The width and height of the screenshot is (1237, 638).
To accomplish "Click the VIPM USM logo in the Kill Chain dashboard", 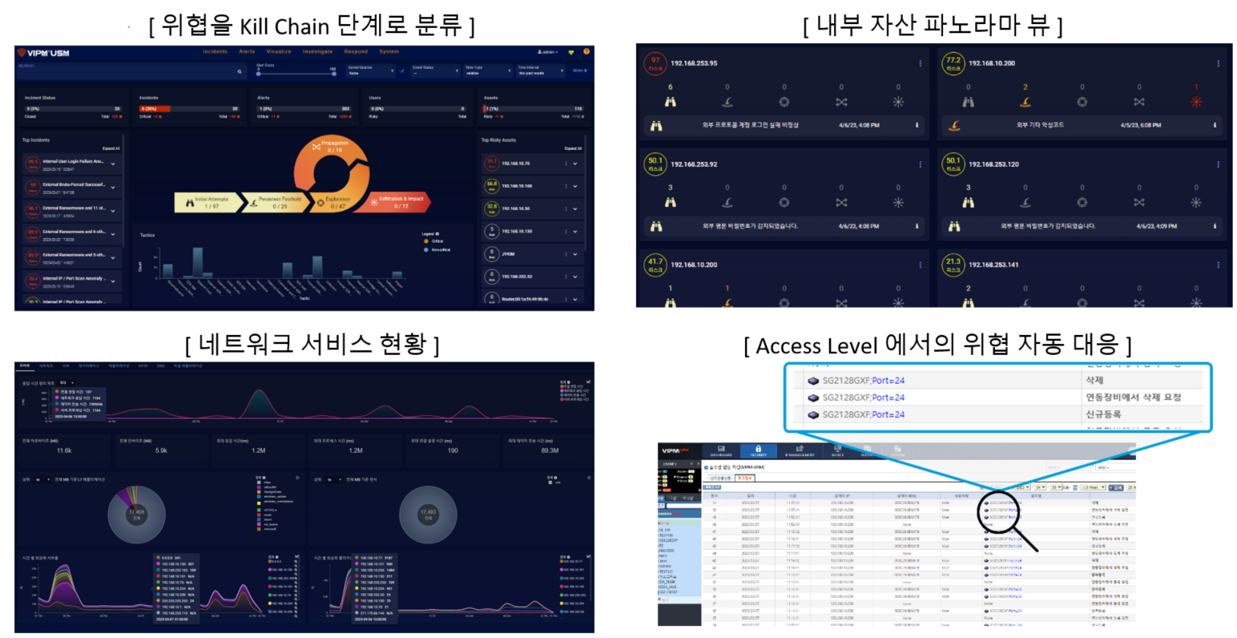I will (43, 53).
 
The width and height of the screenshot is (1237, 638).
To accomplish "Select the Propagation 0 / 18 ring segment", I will (334, 147).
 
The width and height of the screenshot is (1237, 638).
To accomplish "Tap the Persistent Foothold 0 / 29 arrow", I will (280, 203).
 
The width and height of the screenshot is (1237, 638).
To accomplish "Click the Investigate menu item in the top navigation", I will (317, 51).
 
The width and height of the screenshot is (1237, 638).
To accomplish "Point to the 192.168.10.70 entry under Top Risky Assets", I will (516, 164).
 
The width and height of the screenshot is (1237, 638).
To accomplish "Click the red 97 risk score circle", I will (655, 63).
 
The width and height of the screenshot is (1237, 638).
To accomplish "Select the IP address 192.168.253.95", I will (694, 63).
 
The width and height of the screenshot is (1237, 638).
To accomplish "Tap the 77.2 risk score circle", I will (953, 63).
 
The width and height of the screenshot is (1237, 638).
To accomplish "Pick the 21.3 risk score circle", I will (953, 264).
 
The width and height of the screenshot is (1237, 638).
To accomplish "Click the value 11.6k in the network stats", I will (64, 450).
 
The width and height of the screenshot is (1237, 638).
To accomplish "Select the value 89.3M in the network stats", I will (550, 450).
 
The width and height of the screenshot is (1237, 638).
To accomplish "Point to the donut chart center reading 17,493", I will (429, 514).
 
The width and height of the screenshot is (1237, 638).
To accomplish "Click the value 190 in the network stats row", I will (453, 450).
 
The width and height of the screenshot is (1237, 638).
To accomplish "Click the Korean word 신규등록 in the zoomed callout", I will (1103, 414).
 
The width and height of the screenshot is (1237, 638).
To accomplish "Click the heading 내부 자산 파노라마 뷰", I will (933, 26).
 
